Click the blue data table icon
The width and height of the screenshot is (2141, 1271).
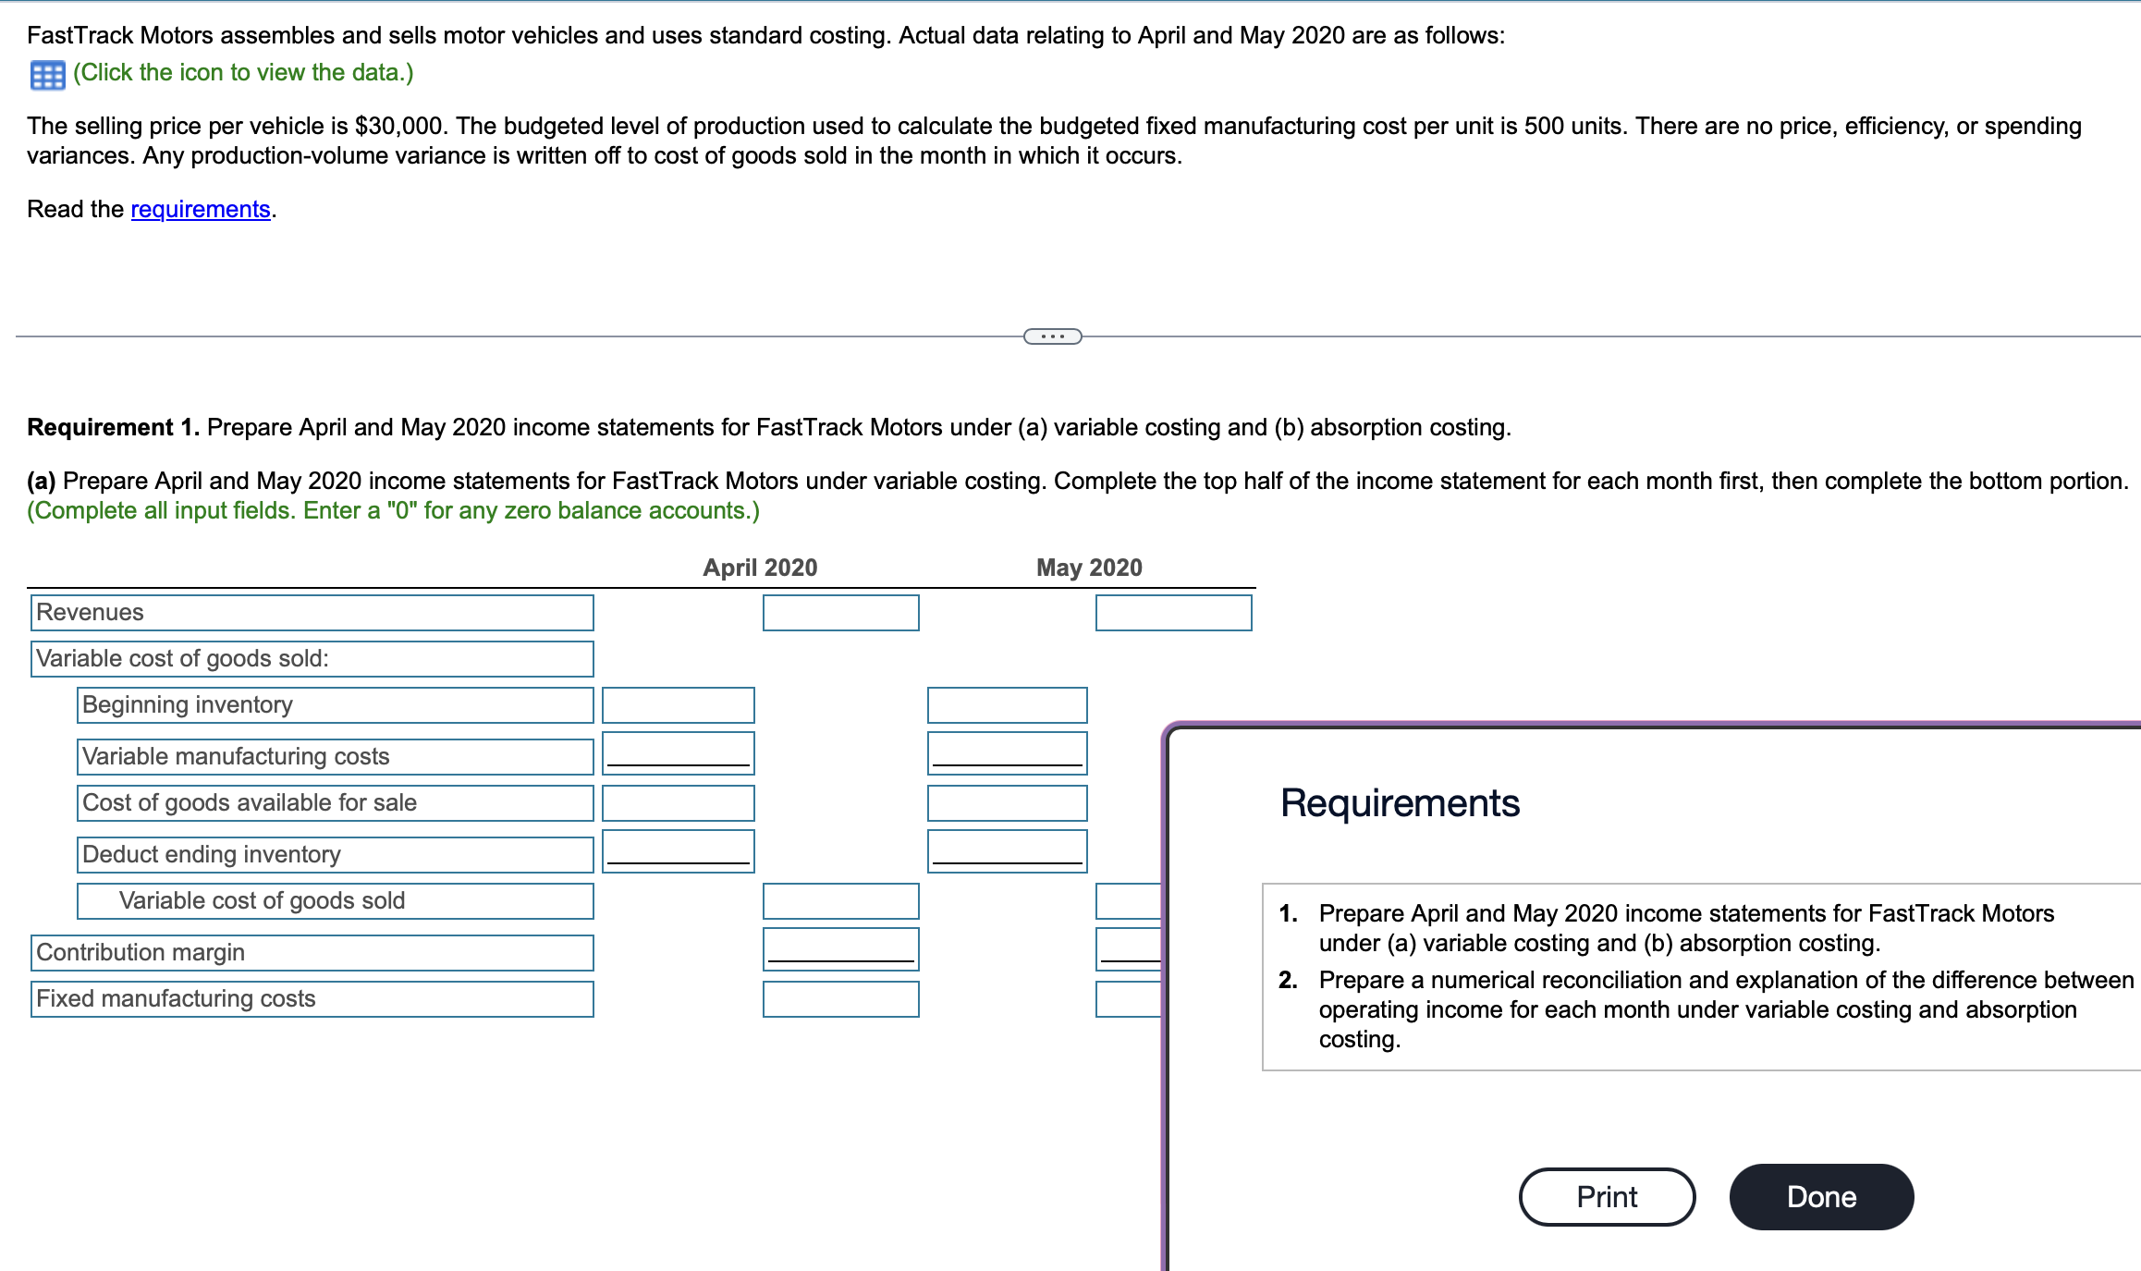[47, 75]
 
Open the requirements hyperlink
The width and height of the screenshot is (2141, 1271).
[201, 210]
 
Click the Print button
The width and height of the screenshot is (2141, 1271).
[1606, 1197]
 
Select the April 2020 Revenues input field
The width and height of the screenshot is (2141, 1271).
[840, 613]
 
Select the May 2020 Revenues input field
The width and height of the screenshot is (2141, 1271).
[1173, 613]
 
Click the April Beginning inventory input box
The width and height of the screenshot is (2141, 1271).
[678, 705]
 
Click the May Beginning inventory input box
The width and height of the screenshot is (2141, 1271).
[1007, 705]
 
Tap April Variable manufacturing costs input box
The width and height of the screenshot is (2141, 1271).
[678, 752]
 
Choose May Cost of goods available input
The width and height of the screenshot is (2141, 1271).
[1007, 803]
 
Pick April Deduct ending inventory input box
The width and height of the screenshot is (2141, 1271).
[678, 850]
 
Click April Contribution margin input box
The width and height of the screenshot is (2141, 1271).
[840, 948]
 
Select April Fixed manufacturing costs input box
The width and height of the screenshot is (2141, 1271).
[840, 999]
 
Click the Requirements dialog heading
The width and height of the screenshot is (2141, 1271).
[1400, 803]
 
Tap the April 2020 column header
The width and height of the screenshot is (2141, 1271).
[760, 568]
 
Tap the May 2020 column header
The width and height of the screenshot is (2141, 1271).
[1089, 568]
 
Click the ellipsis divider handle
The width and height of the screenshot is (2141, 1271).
[1052, 336]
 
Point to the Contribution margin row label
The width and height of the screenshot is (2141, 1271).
[141, 953]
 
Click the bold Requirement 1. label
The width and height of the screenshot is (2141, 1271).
[113, 428]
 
